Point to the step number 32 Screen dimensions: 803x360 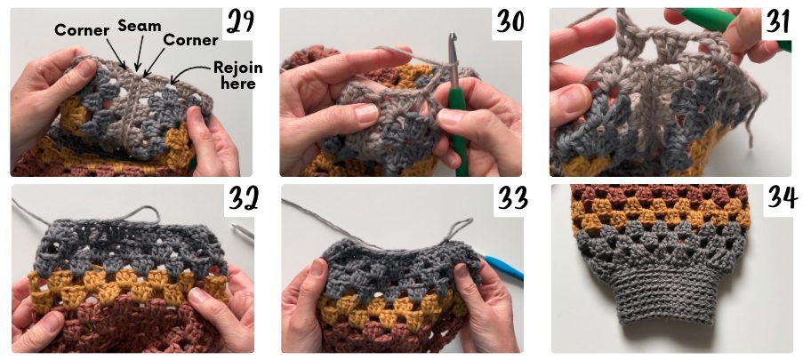coord(241,197)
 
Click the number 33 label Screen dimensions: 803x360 coord(512,197)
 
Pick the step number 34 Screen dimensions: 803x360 coord(782,197)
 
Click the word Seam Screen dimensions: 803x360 coord(140,26)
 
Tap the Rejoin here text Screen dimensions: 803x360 coord(238,75)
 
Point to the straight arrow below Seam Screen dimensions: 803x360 coord(140,52)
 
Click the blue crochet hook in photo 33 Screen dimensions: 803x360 coord(503,268)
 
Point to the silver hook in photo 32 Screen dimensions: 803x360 coord(242,231)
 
